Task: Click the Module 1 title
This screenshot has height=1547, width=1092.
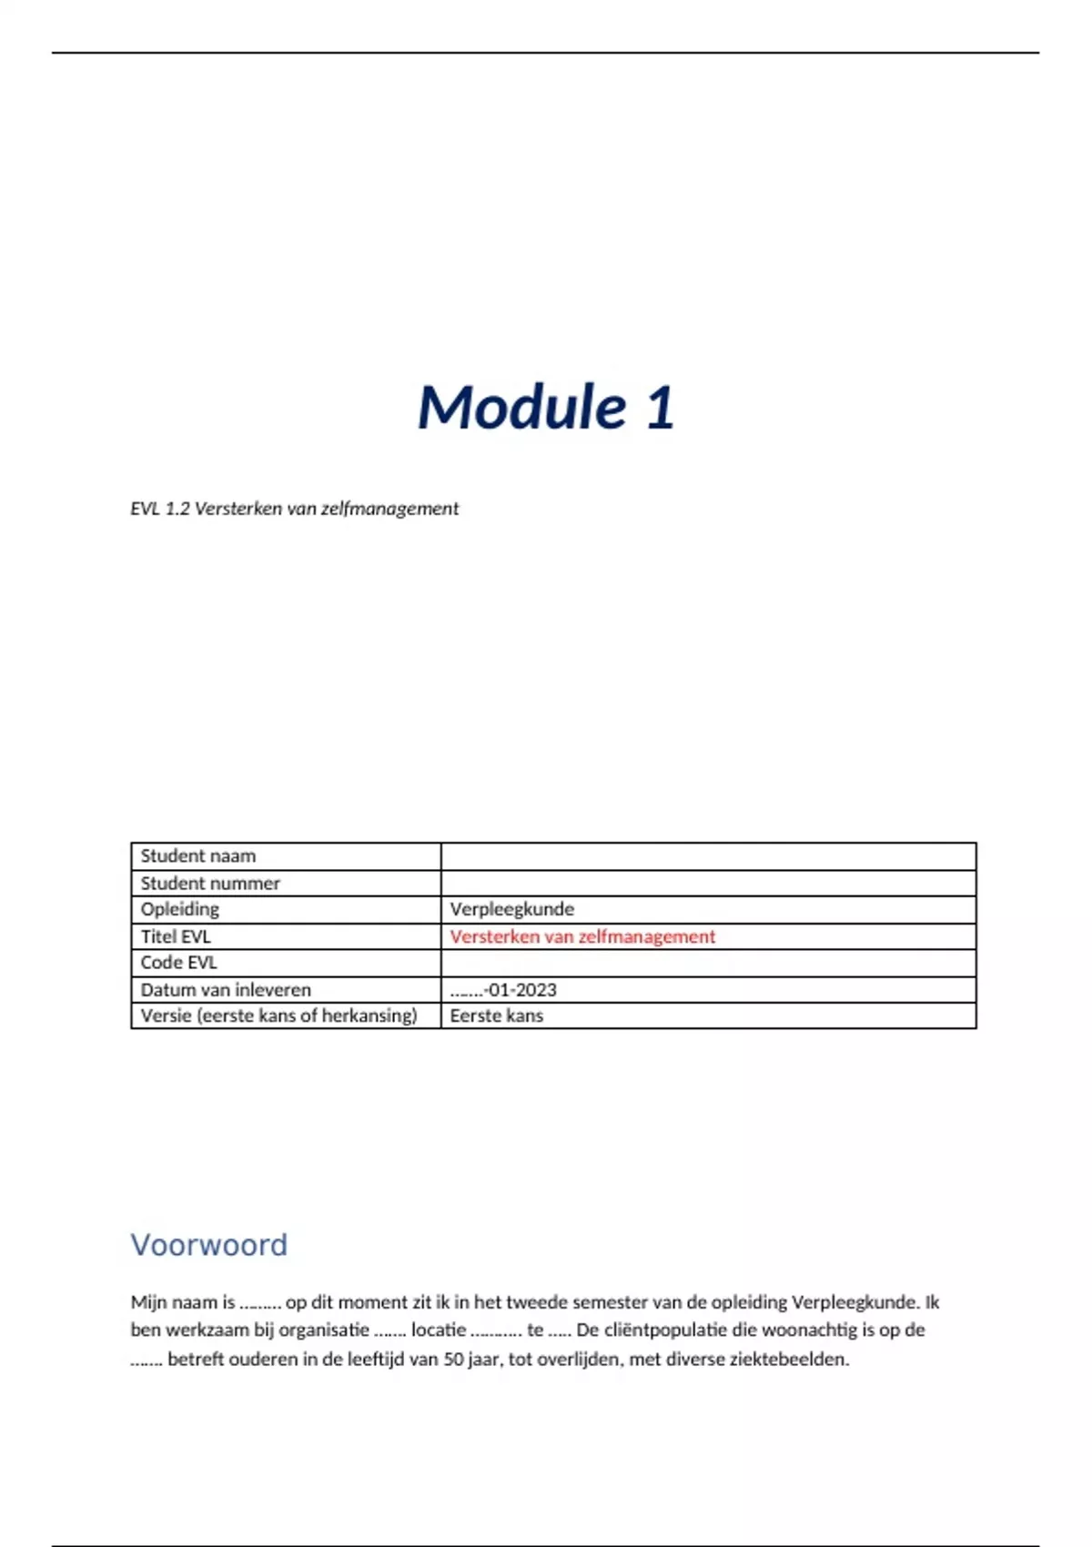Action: pyautogui.click(x=546, y=407)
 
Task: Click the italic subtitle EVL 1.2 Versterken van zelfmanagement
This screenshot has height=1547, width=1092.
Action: pyautogui.click(x=294, y=509)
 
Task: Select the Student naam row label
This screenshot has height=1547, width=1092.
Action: pyautogui.click(x=198, y=856)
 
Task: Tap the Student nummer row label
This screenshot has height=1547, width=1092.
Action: pyautogui.click(x=210, y=883)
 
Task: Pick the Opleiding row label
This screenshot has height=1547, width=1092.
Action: pyautogui.click(x=180, y=909)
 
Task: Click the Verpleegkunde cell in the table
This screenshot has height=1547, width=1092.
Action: pyautogui.click(x=511, y=909)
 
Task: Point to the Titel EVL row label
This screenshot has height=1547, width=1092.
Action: pyautogui.click(x=176, y=936)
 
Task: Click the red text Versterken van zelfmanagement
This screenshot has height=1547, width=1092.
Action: pyautogui.click(x=582, y=936)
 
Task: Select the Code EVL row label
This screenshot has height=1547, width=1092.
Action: pyautogui.click(x=178, y=963)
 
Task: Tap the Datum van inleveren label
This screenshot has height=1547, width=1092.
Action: pyautogui.click(x=226, y=990)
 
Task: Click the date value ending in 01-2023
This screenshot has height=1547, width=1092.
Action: pyautogui.click(x=503, y=990)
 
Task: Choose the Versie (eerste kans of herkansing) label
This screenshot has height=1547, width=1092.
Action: pyautogui.click(x=278, y=1016)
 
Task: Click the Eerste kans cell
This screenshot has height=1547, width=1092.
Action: pyautogui.click(x=496, y=1016)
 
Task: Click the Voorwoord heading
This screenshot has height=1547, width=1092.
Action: pyautogui.click(x=209, y=1245)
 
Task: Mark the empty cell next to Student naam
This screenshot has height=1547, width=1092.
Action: pyautogui.click(x=708, y=856)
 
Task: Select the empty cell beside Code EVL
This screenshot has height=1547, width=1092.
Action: pyautogui.click(x=708, y=963)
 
